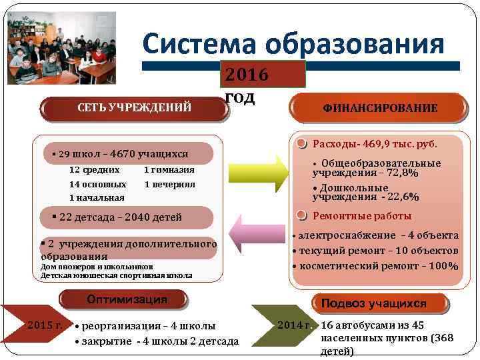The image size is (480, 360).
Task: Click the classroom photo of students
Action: point(62,47)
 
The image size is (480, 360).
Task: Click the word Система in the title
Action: point(200,45)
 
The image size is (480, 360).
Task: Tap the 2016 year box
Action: point(264,74)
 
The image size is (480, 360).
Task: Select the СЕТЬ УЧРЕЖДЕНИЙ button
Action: point(136,107)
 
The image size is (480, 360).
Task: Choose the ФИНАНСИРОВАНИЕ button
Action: point(380,107)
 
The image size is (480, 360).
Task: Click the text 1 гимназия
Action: point(169,169)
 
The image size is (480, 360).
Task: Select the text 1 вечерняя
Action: point(169,184)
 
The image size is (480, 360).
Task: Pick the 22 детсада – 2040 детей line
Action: point(120,217)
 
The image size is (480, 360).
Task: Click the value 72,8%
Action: point(404,173)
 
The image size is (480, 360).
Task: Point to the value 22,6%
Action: point(405,197)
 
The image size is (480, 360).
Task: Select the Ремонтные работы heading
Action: point(362,215)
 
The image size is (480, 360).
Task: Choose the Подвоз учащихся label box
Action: point(373,303)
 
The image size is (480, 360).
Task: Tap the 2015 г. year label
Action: point(45,325)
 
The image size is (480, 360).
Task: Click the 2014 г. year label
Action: point(295,325)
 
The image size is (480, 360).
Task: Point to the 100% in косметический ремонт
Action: point(443,266)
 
